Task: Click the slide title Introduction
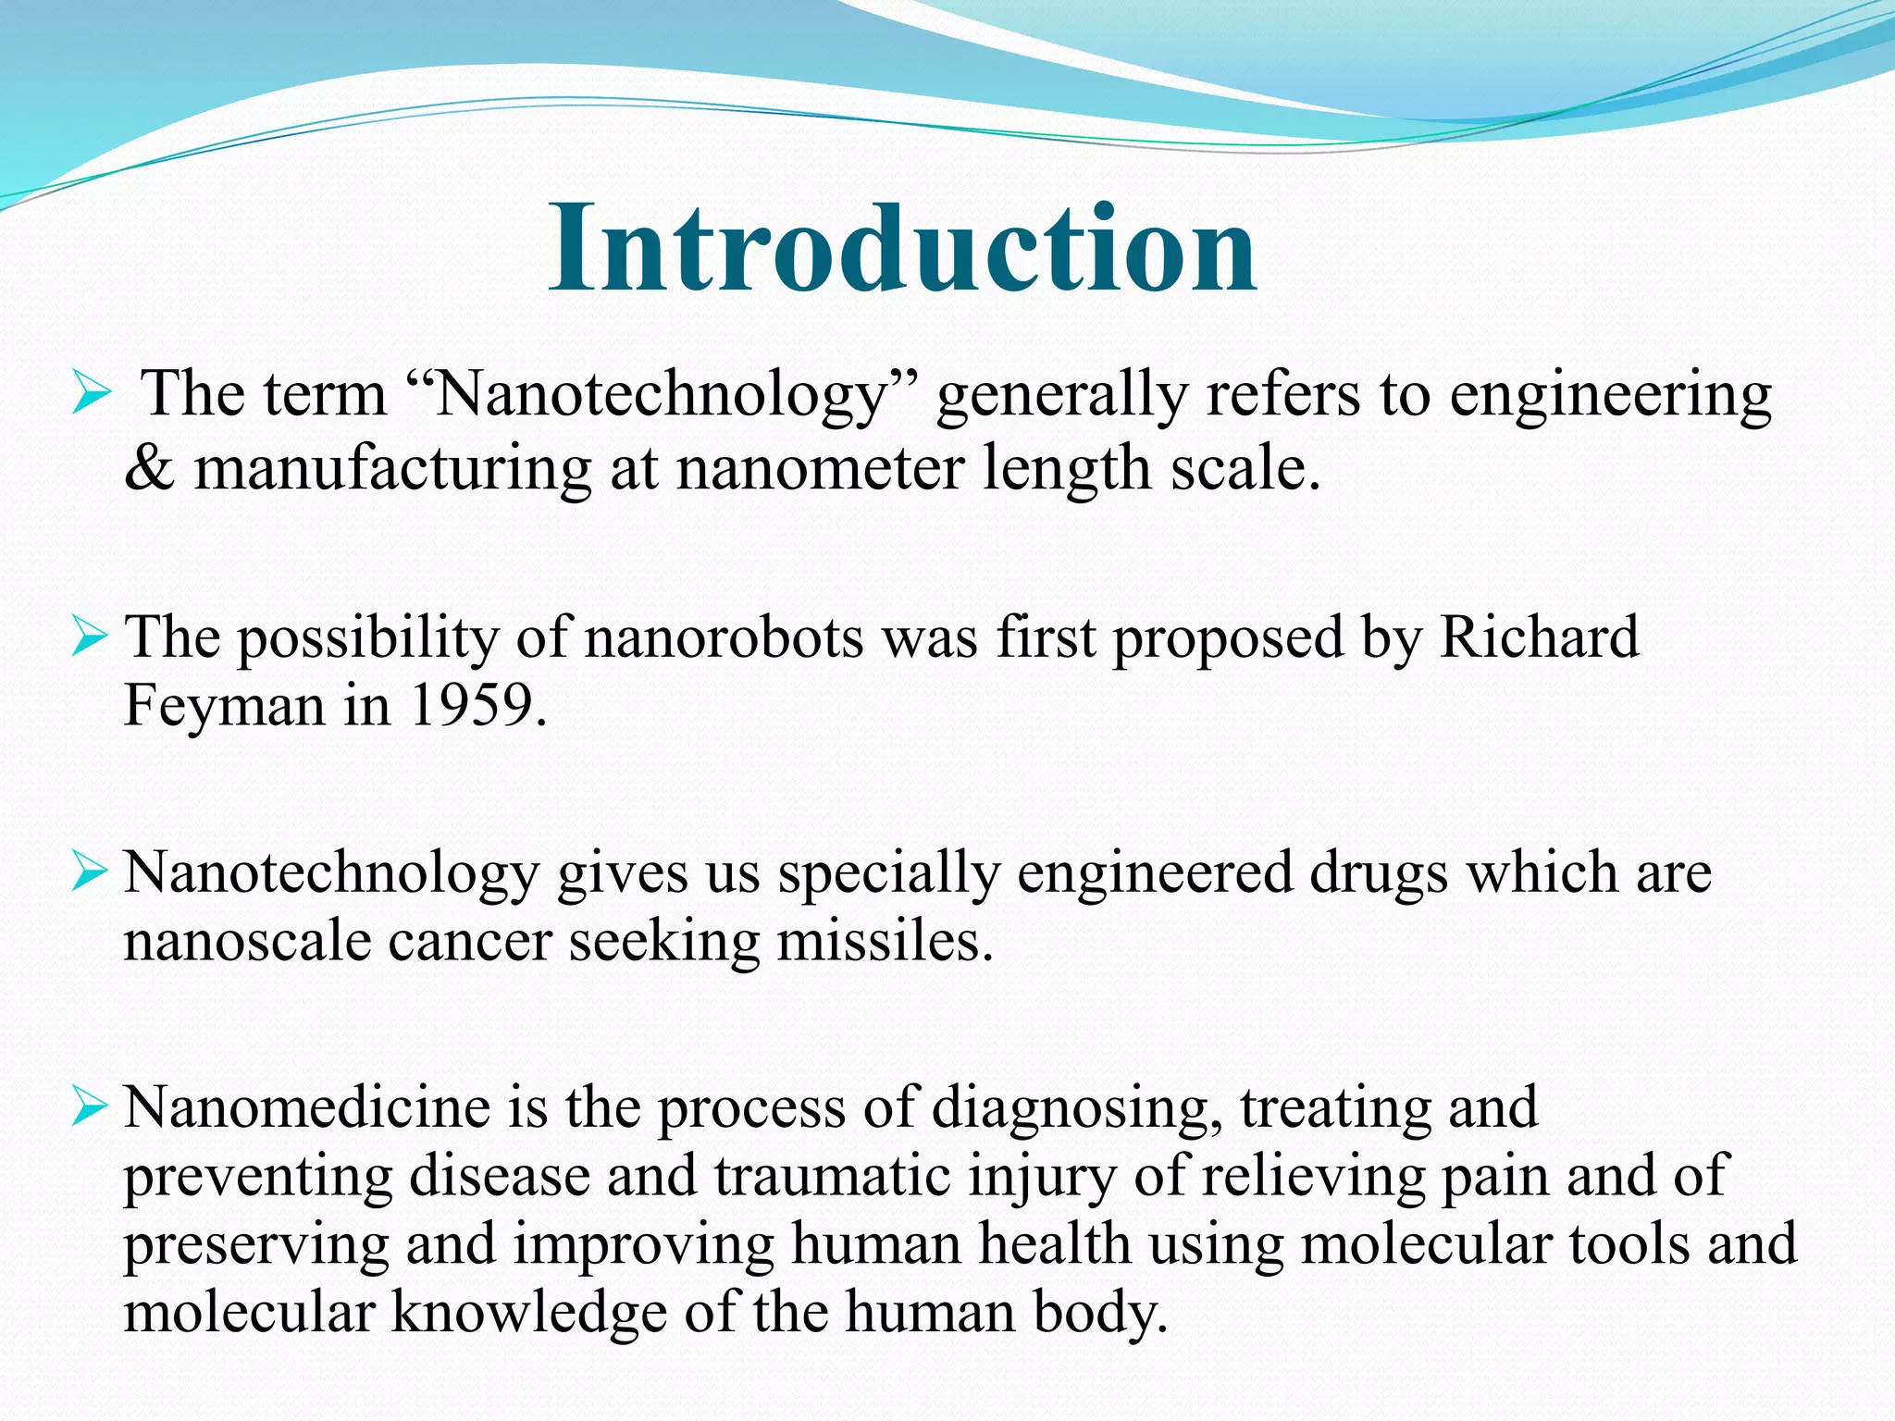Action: pos(902,248)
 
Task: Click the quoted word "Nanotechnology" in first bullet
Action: pos(660,394)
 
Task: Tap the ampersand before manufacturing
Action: pos(148,468)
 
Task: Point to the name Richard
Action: pos(1538,637)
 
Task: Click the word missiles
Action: pos(884,942)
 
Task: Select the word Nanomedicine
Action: pos(306,1106)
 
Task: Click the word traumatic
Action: pos(831,1176)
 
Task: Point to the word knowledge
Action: pos(528,1312)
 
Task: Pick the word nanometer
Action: pos(820,468)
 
